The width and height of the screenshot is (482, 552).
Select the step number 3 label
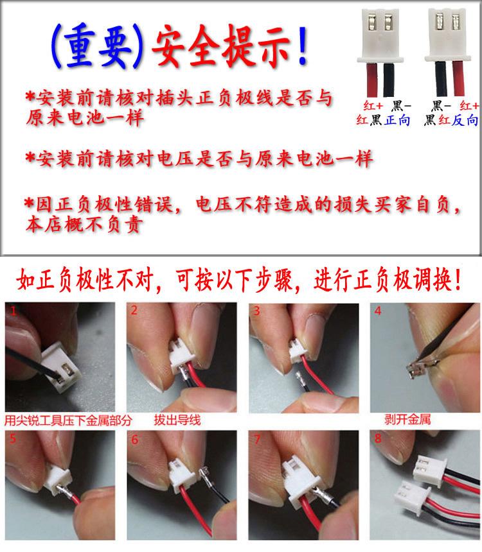coord(256,311)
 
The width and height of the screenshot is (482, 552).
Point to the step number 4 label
coord(379,311)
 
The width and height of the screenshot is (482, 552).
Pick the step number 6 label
coord(134,441)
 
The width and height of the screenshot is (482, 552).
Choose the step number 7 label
coord(257,441)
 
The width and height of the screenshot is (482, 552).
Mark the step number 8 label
coord(379,441)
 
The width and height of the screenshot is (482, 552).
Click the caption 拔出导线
coord(177,420)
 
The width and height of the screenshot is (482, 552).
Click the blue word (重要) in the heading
coord(96,47)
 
